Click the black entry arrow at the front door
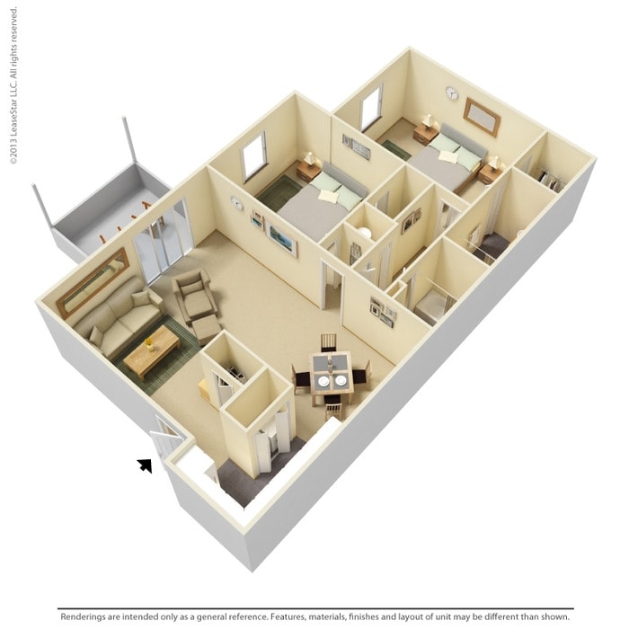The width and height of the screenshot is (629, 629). pyautogui.click(x=146, y=465)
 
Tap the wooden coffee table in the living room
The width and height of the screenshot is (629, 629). pyautogui.click(x=151, y=352)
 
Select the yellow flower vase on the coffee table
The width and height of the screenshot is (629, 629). pyautogui.click(x=149, y=344)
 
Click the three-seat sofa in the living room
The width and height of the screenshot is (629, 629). pyautogui.click(x=119, y=316)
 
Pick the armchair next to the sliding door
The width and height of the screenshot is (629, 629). pyautogui.click(x=195, y=295)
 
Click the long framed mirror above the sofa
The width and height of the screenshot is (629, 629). pyautogui.click(x=93, y=281)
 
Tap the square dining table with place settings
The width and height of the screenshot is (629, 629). pyautogui.click(x=331, y=373)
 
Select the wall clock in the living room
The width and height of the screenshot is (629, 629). pyautogui.click(x=237, y=204)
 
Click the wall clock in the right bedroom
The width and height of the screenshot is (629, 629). pyautogui.click(x=452, y=93)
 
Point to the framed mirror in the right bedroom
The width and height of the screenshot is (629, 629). pyautogui.click(x=482, y=117)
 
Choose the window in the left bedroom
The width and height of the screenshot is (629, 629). pyautogui.click(x=253, y=156)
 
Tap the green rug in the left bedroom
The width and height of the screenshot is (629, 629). pyautogui.click(x=278, y=191)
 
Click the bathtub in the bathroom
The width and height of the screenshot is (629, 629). pyautogui.click(x=431, y=307)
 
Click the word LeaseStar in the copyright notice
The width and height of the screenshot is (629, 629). pyautogui.click(x=13, y=95)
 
